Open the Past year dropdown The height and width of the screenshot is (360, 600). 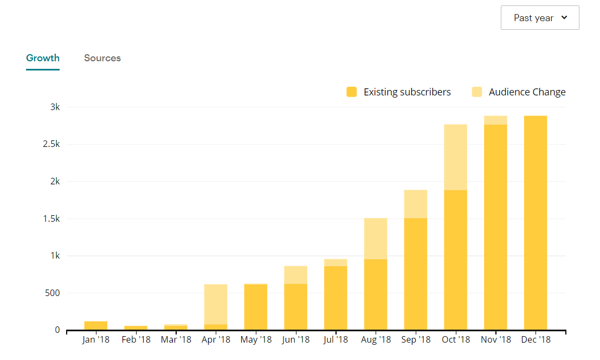[x=540, y=18]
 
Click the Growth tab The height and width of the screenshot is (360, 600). [x=43, y=58]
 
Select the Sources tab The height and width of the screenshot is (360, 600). [x=102, y=58]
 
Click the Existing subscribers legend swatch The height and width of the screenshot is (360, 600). [x=352, y=92]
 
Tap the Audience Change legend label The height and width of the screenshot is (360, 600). [x=527, y=92]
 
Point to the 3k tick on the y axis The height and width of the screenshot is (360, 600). [x=55, y=107]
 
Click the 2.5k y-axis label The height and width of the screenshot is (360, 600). [x=52, y=144]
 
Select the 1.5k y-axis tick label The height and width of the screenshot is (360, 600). [x=52, y=218]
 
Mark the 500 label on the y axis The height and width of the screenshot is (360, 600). [x=52, y=293]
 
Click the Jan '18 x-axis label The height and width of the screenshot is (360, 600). [x=96, y=340]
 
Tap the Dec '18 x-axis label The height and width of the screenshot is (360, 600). [x=536, y=340]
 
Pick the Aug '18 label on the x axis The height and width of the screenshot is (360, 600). [x=376, y=340]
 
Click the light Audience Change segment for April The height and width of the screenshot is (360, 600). [x=216, y=304]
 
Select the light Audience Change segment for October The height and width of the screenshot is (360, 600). [x=455, y=157]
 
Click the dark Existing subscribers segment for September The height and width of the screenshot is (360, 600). [x=416, y=274]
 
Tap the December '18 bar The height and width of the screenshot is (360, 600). [x=536, y=222]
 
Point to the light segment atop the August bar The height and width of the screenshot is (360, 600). [x=376, y=239]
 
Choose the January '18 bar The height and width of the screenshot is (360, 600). [x=96, y=325]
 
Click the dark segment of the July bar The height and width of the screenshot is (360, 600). [x=336, y=298]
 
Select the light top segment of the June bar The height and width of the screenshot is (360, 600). [x=295, y=275]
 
